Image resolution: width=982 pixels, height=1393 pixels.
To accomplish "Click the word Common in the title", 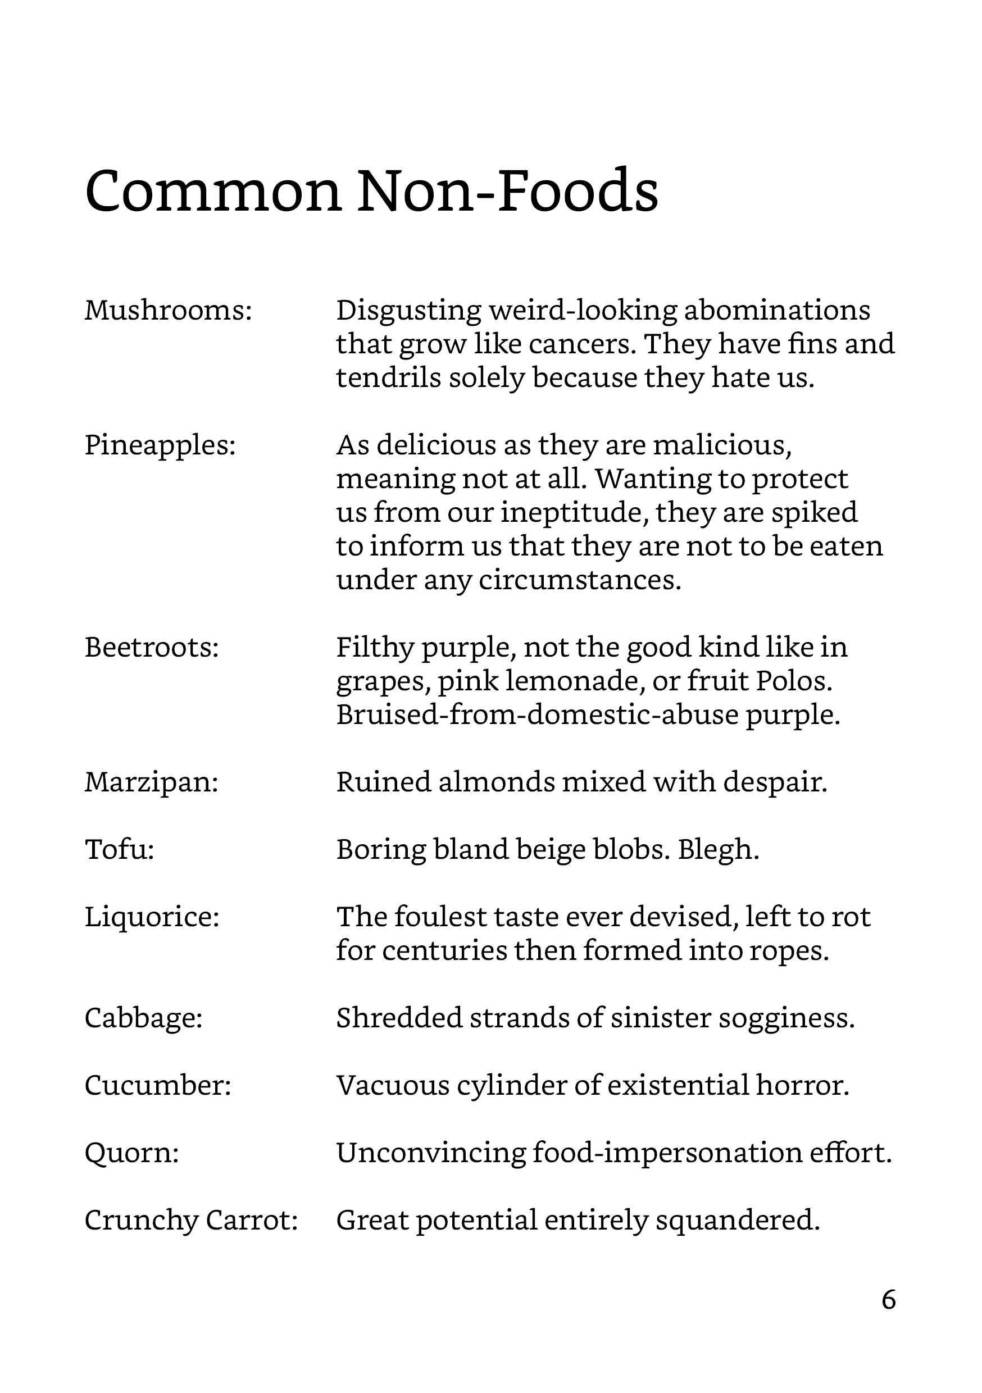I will coord(213,192).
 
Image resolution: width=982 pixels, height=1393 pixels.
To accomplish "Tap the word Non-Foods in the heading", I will coord(507,192).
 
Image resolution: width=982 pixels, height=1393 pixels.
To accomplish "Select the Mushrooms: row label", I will coord(168,311).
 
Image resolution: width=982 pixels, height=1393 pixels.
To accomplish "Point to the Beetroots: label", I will coord(152,648).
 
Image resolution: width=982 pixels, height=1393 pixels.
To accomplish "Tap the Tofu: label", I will coord(120,850).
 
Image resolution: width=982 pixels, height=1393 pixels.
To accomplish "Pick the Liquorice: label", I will coord(152,917).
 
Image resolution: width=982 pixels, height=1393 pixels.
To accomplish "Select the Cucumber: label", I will coord(158,1085).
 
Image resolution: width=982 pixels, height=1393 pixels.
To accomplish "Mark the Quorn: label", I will coord(131,1153).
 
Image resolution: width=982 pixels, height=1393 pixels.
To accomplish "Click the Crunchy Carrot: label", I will coord(191,1220).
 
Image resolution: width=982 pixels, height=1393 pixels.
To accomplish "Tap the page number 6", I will coord(889,1300).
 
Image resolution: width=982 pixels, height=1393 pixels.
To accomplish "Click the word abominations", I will coord(777,311).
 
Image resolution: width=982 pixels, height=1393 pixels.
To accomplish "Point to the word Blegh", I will coord(719,850).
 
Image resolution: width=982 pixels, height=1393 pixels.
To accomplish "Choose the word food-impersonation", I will coord(667,1153).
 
